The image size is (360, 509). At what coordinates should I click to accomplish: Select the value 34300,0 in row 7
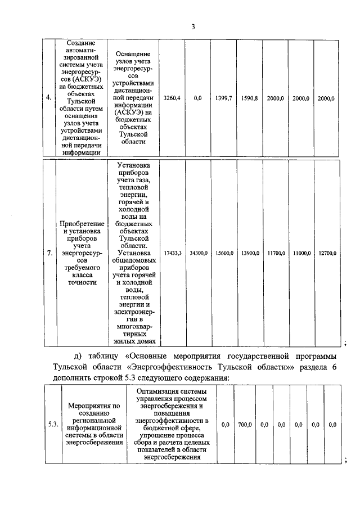coord(198,253)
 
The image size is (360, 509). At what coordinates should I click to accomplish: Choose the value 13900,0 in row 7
coord(249,253)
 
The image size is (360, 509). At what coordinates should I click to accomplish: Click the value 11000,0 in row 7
coord(300,253)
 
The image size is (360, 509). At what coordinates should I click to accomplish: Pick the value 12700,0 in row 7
coord(326,253)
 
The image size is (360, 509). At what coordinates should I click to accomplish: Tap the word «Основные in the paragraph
coord(150,357)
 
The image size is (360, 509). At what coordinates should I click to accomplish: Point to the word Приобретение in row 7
coord(82,224)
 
